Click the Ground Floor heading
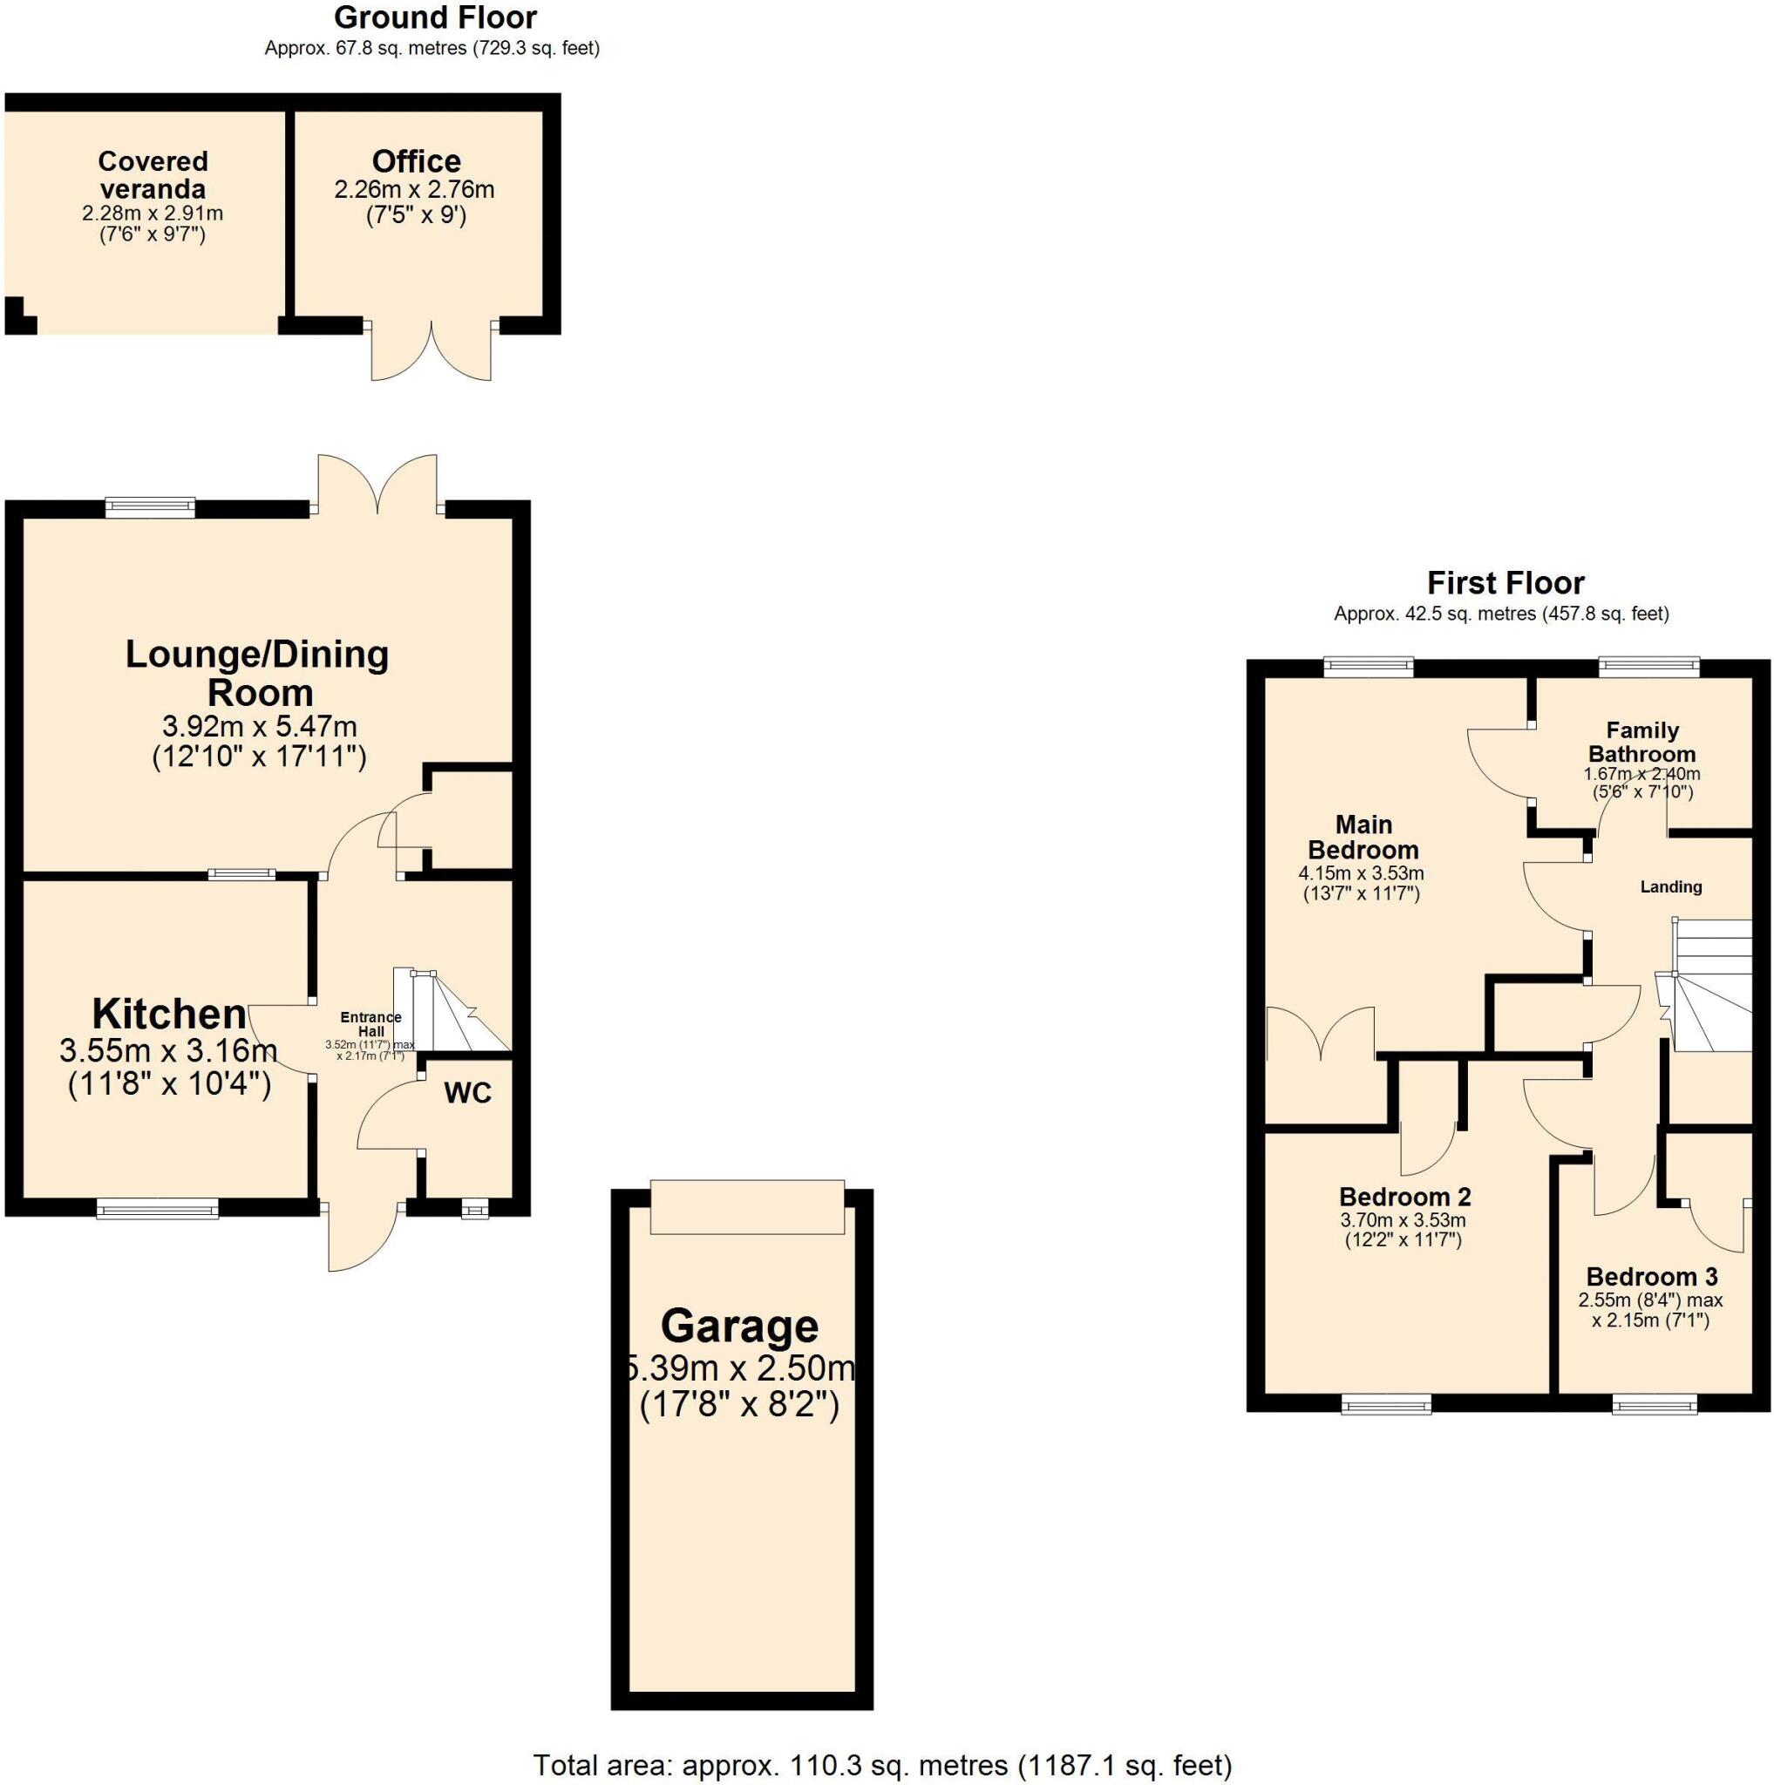434,17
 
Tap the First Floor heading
1506,583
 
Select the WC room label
467,1094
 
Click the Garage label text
739,1327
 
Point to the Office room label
416,162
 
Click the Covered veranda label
153,175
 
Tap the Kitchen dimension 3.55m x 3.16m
168,1050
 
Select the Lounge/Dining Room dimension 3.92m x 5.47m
259,726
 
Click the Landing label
1670,887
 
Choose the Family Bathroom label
1641,742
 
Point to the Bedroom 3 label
1651,1277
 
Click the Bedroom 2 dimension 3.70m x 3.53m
1403,1219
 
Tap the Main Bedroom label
1363,837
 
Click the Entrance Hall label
370,1024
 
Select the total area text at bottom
882,1766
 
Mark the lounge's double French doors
377,482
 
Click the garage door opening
746,1206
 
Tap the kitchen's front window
158,1209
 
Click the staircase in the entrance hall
459,1012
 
